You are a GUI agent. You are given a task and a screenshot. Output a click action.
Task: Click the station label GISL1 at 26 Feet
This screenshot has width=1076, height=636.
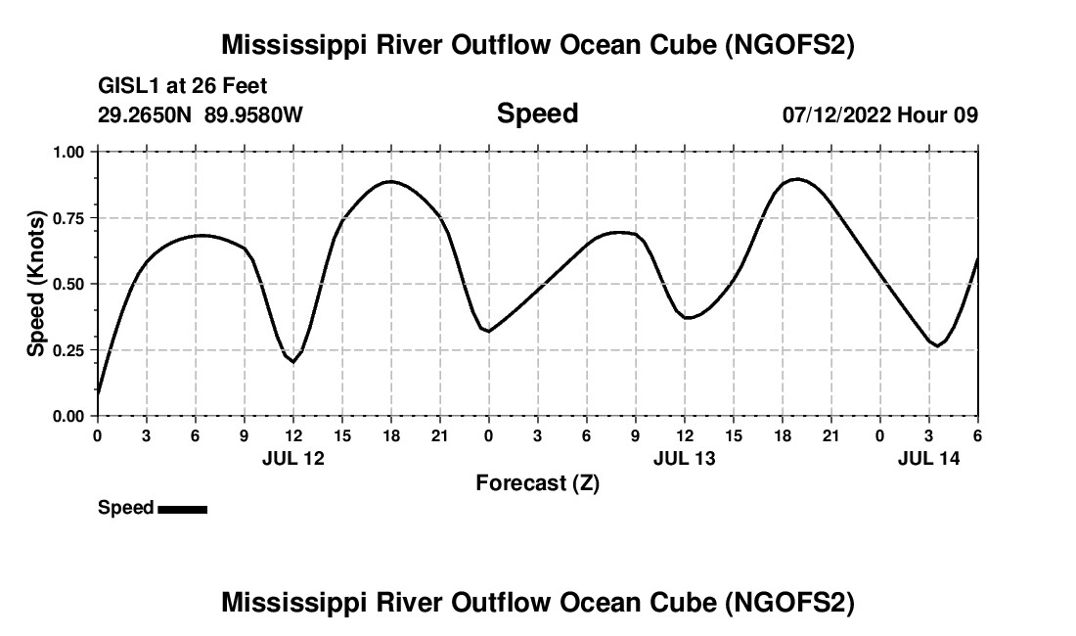click(x=182, y=87)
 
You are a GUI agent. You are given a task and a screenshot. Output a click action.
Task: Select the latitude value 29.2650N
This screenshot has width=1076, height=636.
click(x=146, y=115)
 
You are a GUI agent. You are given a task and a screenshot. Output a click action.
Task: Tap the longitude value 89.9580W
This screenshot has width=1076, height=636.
click(x=253, y=115)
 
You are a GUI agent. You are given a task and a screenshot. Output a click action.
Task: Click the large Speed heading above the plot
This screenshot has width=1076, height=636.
click(x=537, y=114)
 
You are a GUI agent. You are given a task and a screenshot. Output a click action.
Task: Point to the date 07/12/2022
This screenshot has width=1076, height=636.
click(x=835, y=115)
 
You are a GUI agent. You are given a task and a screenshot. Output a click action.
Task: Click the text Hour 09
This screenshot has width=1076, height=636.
click(x=937, y=115)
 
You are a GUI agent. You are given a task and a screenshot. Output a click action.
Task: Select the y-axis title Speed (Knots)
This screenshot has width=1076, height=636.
click(x=36, y=283)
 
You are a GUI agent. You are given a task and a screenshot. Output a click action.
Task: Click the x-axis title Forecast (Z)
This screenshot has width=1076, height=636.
click(x=537, y=482)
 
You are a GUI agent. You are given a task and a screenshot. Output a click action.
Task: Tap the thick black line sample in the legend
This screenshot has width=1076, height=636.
click(x=182, y=509)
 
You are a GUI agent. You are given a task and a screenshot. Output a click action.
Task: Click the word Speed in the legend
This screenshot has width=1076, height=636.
click(x=125, y=508)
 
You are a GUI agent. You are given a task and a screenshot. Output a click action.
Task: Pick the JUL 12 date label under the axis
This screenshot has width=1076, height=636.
click(x=292, y=457)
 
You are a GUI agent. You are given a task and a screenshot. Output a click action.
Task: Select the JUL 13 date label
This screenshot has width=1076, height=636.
click(x=684, y=457)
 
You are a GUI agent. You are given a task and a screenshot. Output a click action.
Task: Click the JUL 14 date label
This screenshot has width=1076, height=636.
click(x=928, y=457)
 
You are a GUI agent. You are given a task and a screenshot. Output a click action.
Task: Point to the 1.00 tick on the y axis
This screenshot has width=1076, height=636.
click(x=68, y=153)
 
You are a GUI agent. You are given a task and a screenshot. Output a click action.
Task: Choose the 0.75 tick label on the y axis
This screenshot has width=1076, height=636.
click(x=68, y=218)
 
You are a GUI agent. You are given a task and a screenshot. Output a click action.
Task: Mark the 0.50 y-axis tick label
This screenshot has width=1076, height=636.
click(x=68, y=284)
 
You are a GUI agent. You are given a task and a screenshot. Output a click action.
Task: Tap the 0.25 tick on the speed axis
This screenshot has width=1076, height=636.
click(x=68, y=350)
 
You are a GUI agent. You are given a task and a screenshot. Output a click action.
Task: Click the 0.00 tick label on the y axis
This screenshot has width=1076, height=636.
click(x=68, y=416)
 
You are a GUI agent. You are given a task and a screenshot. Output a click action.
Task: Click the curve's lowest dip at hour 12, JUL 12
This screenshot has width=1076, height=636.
click(x=292, y=362)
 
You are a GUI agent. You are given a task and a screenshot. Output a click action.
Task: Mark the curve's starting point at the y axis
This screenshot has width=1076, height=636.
click(x=98, y=393)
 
